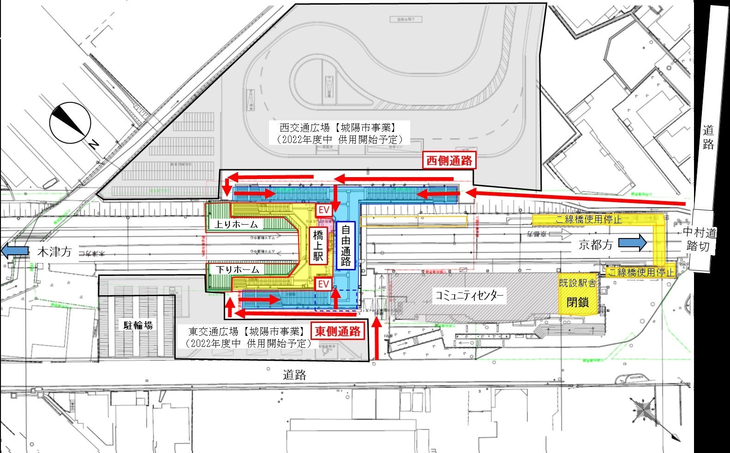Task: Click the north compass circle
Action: [x=70, y=122]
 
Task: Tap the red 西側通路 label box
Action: [x=449, y=160]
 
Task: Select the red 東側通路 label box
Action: [x=338, y=331]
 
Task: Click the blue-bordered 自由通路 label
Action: [x=346, y=246]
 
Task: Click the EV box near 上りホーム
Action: [x=324, y=210]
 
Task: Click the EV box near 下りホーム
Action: [x=324, y=284]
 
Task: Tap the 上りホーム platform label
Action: [x=239, y=225]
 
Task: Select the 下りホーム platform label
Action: [x=239, y=269]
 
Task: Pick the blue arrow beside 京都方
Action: [x=632, y=243]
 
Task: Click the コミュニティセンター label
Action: [x=470, y=296]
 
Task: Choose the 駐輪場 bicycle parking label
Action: [x=138, y=325]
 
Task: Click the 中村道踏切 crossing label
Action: [x=697, y=238]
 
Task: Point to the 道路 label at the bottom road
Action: [x=294, y=375]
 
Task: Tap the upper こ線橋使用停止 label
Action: [x=588, y=219]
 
